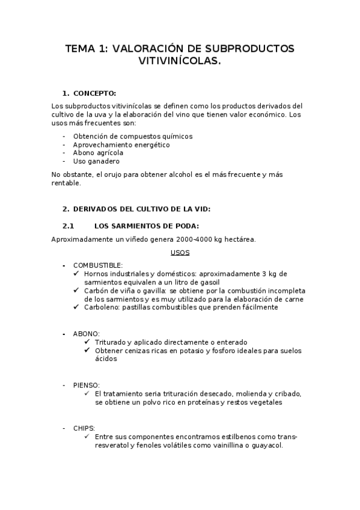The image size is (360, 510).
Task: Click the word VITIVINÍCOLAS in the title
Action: point(180,61)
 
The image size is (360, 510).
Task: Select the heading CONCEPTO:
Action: point(94,93)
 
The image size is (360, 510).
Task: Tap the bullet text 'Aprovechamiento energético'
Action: point(121,145)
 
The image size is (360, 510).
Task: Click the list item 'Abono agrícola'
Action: point(98,153)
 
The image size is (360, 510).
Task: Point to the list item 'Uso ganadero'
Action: point(96,161)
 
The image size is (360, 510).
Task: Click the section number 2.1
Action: point(68,226)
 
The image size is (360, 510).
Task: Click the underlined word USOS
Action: point(180,253)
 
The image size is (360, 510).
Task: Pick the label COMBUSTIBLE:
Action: point(98,265)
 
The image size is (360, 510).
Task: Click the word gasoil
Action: point(207,282)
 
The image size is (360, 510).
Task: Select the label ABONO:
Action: point(87,333)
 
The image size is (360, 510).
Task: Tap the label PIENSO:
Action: point(87,385)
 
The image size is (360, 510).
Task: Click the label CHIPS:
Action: point(84,428)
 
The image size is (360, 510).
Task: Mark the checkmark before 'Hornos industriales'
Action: point(76,274)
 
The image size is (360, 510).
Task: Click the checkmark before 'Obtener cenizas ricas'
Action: point(89,351)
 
